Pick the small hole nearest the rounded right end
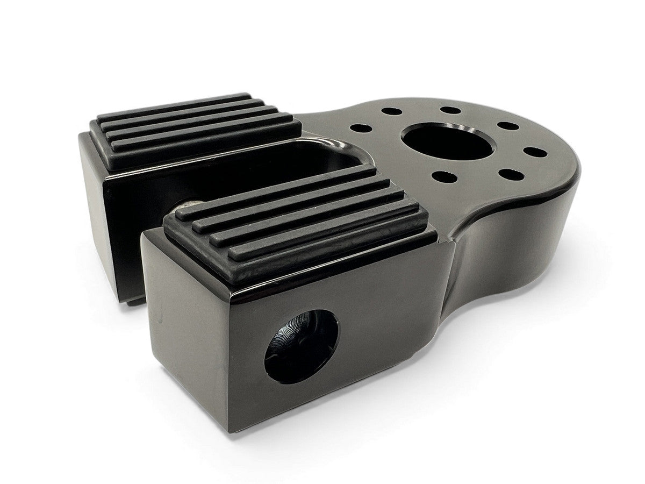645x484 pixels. click(531, 151)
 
